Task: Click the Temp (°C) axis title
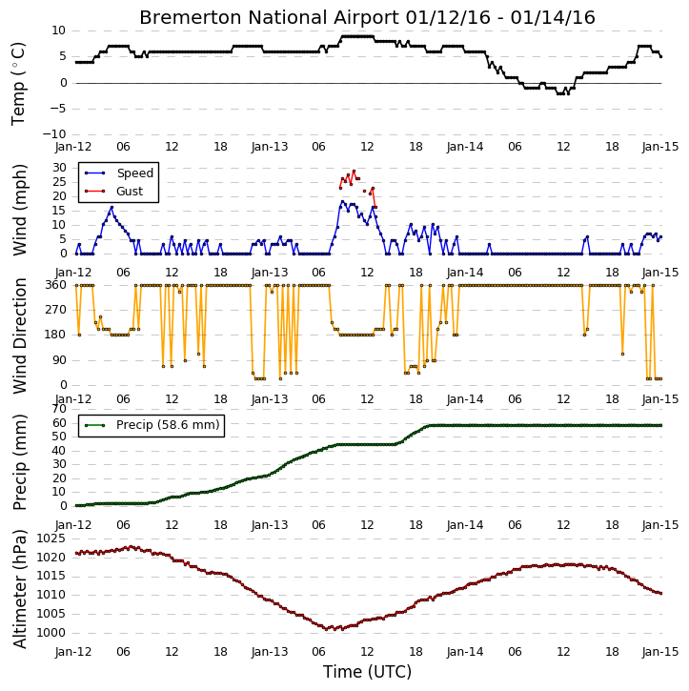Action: [18, 83]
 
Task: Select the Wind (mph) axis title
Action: [19, 210]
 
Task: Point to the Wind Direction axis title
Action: [19, 335]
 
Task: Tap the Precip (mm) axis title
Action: [19, 462]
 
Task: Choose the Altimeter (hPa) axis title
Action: [19, 589]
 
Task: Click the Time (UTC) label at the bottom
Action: [367, 672]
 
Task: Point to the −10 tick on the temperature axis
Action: [53, 134]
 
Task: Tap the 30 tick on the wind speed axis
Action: [59, 168]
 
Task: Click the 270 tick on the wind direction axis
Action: [56, 310]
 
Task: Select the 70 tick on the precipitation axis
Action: [59, 409]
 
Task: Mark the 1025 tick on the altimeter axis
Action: [51, 539]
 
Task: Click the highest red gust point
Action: [354, 171]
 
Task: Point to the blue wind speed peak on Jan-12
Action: [111, 207]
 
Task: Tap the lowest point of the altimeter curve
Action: [327, 629]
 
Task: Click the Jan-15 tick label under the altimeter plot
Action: [660, 652]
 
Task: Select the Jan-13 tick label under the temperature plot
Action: [269, 147]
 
